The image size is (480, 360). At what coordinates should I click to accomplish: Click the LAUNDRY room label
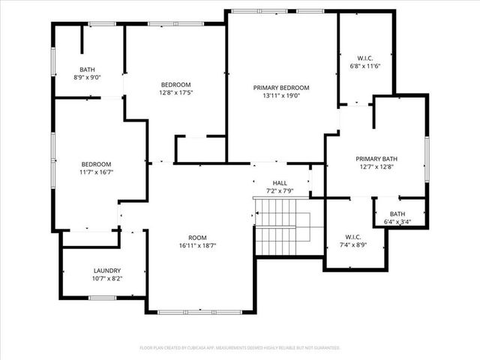107,271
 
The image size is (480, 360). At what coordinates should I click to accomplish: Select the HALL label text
280,183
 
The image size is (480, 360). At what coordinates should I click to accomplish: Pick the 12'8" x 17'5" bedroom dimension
176,93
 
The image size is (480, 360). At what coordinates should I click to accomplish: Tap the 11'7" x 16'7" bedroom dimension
97,173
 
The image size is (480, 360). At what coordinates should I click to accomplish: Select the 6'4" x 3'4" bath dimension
397,221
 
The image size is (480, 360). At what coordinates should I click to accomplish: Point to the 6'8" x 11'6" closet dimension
365,66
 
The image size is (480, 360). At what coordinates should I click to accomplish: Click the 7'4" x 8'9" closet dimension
354,244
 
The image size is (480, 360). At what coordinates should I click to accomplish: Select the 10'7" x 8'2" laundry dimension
107,279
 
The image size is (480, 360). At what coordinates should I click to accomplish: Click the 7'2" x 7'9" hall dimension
280,191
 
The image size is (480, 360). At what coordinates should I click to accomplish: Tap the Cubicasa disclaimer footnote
240,348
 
